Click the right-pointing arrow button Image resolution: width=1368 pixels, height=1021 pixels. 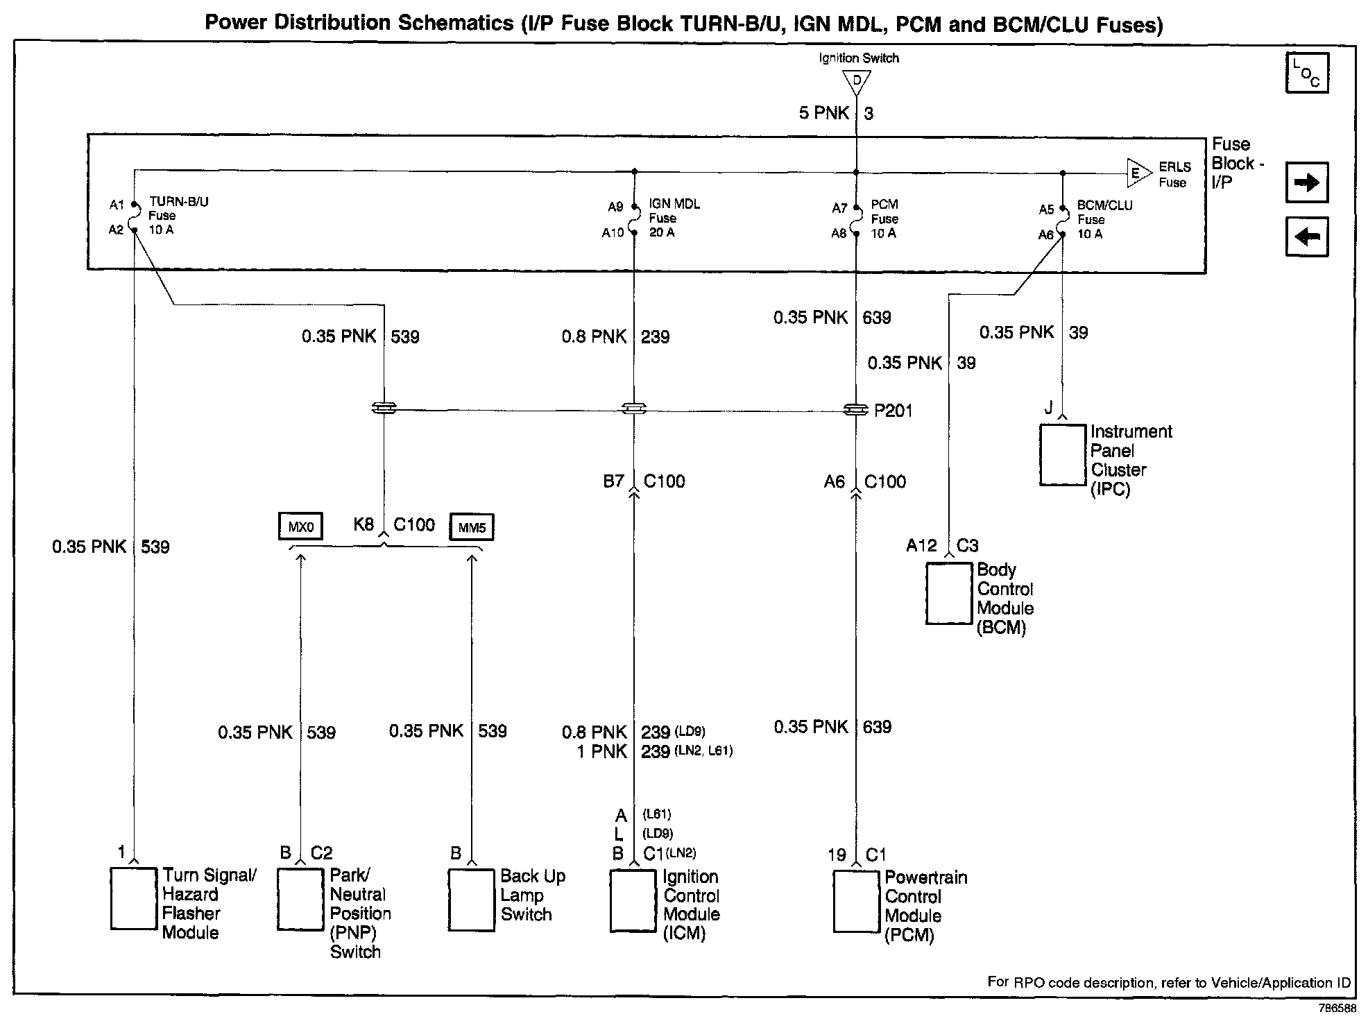click(x=1307, y=182)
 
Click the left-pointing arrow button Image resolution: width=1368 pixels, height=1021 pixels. click(x=1307, y=237)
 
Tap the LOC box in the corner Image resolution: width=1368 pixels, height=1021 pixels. click(x=1307, y=73)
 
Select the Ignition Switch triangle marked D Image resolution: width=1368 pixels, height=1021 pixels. click(x=857, y=82)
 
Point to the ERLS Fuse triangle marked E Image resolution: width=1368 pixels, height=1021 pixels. click(x=1138, y=173)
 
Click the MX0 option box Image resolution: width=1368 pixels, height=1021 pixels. click(x=300, y=527)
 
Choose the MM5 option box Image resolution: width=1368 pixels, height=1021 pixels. click(x=472, y=528)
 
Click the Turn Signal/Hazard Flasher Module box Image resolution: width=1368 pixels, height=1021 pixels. click(x=133, y=898)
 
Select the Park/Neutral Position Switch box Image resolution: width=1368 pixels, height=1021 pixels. click(x=300, y=899)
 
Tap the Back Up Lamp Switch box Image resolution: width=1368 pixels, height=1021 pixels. click(x=472, y=900)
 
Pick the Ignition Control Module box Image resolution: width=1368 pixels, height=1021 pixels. click(x=633, y=900)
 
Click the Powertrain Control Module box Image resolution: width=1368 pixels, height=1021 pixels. click(x=857, y=901)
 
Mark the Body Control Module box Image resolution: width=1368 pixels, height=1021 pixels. click(x=949, y=594)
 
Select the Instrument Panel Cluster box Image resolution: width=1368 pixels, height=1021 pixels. click(x=1063, y=455)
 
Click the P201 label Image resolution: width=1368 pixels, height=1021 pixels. click(x=894, y=411)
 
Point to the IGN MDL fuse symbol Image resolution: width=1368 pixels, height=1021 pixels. click(x=634, y=219)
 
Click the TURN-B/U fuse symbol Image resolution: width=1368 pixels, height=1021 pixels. click(x=134, y=217)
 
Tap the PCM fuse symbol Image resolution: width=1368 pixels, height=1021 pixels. click(x=857, y=220)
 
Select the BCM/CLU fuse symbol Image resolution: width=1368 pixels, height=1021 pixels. click(x=1063, y=221)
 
